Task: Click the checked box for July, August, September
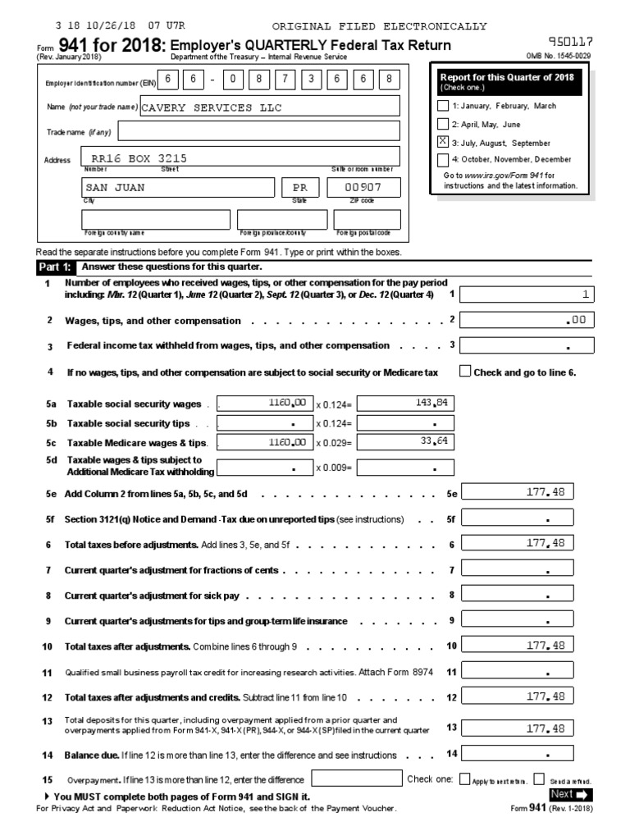(444, 142)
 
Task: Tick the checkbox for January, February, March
(444, 106)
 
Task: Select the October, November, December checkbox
(444, 160)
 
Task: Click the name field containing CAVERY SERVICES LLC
(270, 107)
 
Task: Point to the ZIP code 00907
(352, 188)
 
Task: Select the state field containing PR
(299, 188)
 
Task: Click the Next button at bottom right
(571, 794)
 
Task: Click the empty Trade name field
(259, 132)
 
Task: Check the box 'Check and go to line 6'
(465, 372)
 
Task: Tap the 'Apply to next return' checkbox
(465, 779)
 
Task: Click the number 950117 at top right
(571, 41)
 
